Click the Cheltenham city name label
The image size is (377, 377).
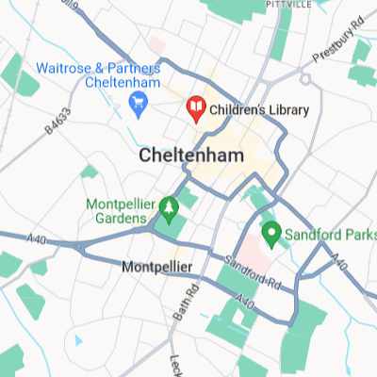190,155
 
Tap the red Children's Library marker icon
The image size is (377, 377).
196,109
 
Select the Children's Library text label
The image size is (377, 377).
259,110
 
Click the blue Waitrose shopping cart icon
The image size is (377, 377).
139,101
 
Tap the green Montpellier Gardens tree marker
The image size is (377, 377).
170,205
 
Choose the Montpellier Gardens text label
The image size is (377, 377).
121,211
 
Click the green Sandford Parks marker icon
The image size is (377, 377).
269,231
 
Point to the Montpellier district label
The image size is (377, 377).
157,268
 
